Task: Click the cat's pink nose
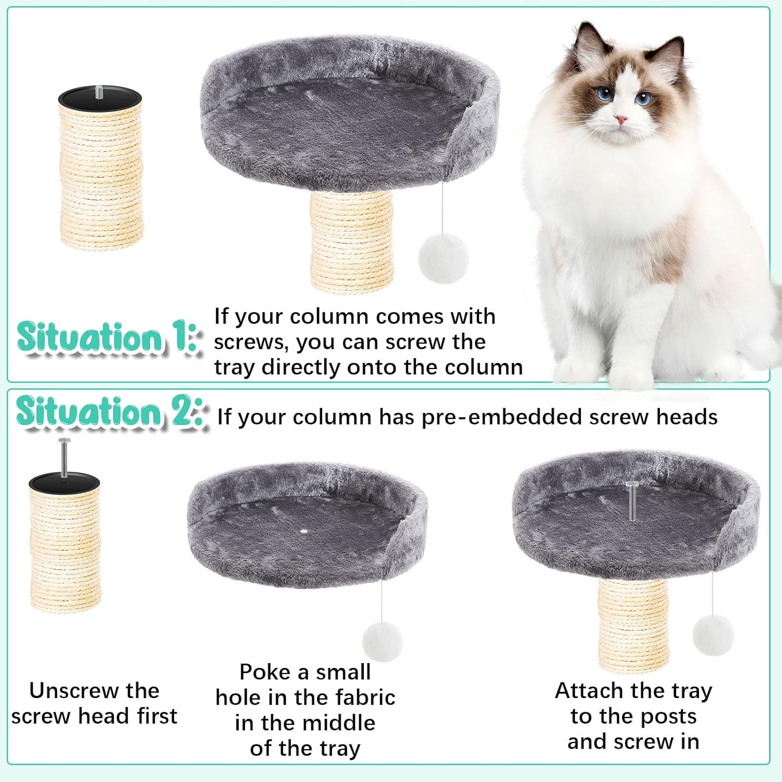click(x=620, y=119)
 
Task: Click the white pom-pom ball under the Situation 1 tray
click(x=443, y=259)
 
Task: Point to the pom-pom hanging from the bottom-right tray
click(x=713, y=635)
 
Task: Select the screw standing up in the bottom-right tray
click(x=632, y=500)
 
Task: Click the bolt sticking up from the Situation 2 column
click(x=64, y=458)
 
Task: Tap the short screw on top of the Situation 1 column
click(x=100, y=92)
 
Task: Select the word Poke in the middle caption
click(x=265, y=672)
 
